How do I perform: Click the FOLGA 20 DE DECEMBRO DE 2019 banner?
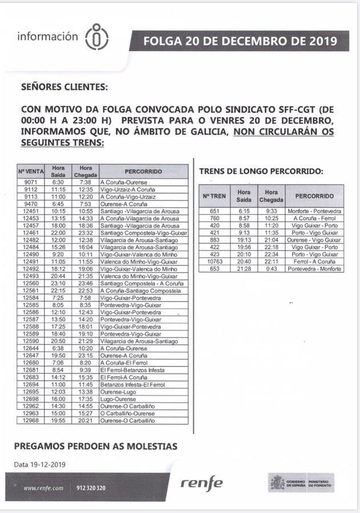click(240, 41)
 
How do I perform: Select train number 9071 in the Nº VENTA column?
click(31, 182)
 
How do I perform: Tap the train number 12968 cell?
click(31, 421)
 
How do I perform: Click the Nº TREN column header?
click(215, 196)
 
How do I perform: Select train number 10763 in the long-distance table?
click(215, 262)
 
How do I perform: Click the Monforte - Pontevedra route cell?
click(317, 210)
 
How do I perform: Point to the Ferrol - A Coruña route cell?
click(317, 262)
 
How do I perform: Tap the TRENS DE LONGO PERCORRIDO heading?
click(261, 171)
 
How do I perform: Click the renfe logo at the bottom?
click(201, 483)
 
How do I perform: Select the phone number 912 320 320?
click(91, 488)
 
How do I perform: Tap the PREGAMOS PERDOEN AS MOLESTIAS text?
click(95, 446)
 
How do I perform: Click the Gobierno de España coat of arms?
click(277, 484)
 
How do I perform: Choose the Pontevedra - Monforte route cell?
click(317, 269)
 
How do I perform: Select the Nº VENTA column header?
click(31, 171)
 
